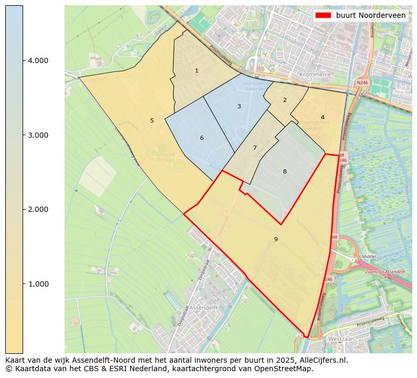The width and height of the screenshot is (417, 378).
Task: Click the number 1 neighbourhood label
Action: [x=196, y=70]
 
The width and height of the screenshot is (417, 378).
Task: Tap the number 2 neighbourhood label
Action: [x=285, y=100]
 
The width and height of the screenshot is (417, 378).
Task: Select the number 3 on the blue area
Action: [x=239, y=106]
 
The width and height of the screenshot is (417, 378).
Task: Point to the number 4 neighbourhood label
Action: [x=322, y=117]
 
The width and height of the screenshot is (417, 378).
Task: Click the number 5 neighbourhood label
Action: [x=152, y=120]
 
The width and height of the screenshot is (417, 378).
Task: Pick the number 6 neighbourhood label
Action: [x=201, y=138]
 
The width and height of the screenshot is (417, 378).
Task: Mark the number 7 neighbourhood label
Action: [x=255, y=148]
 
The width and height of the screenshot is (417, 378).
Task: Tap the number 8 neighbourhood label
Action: [x=285, y=171]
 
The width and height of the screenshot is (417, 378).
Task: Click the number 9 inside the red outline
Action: [x=276, y=239]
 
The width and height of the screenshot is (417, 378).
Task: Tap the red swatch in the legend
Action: [x=323, y=15]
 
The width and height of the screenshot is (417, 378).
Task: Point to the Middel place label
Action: [x=370, y=257]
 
